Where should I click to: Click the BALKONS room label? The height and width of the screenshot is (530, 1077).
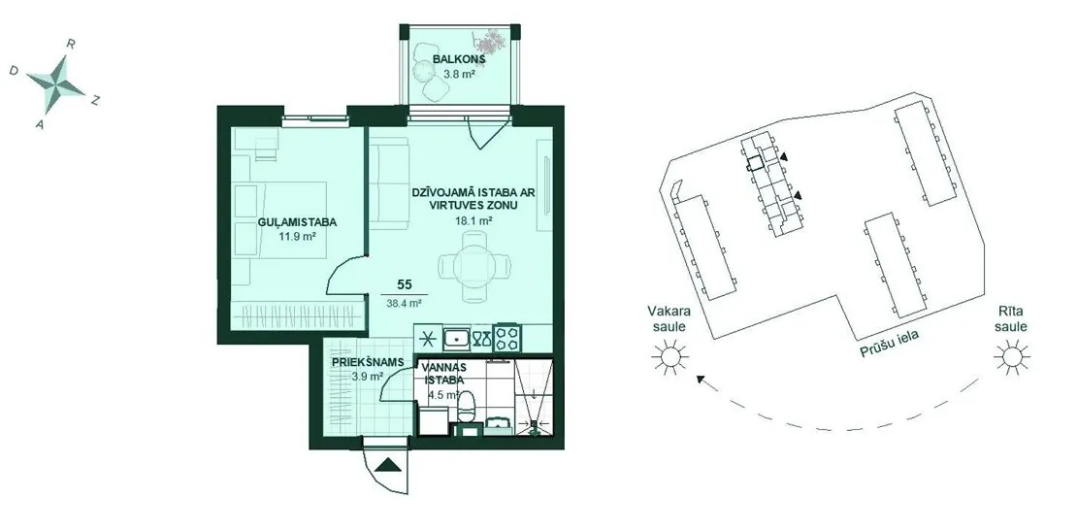(x=460, y=59)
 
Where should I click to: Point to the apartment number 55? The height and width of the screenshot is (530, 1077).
(x=405, y=283)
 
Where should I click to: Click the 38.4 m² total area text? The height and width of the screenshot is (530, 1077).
(x=404, y=301)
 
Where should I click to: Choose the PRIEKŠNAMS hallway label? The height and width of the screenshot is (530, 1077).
(x=366, y=361)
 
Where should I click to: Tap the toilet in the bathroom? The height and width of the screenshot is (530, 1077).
(x=467, y=407)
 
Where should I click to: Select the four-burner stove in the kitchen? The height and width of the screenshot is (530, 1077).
(x=509, y=338)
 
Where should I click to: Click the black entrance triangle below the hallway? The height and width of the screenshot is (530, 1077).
(x=389, y=465)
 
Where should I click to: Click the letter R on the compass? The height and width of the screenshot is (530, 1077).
(x=70, y=44)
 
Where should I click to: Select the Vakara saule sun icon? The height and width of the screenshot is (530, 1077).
(x=669, y=357)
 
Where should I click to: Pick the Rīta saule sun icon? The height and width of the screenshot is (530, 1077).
(x=1012, y=357)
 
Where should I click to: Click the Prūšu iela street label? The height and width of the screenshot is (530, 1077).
(x=890, y=343)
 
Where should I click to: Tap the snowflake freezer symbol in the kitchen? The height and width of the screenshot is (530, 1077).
(x=427, y=338)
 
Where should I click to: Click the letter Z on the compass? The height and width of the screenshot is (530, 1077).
(x=96, y=101)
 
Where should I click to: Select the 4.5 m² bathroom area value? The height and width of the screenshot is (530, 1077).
(x=444, y=395)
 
